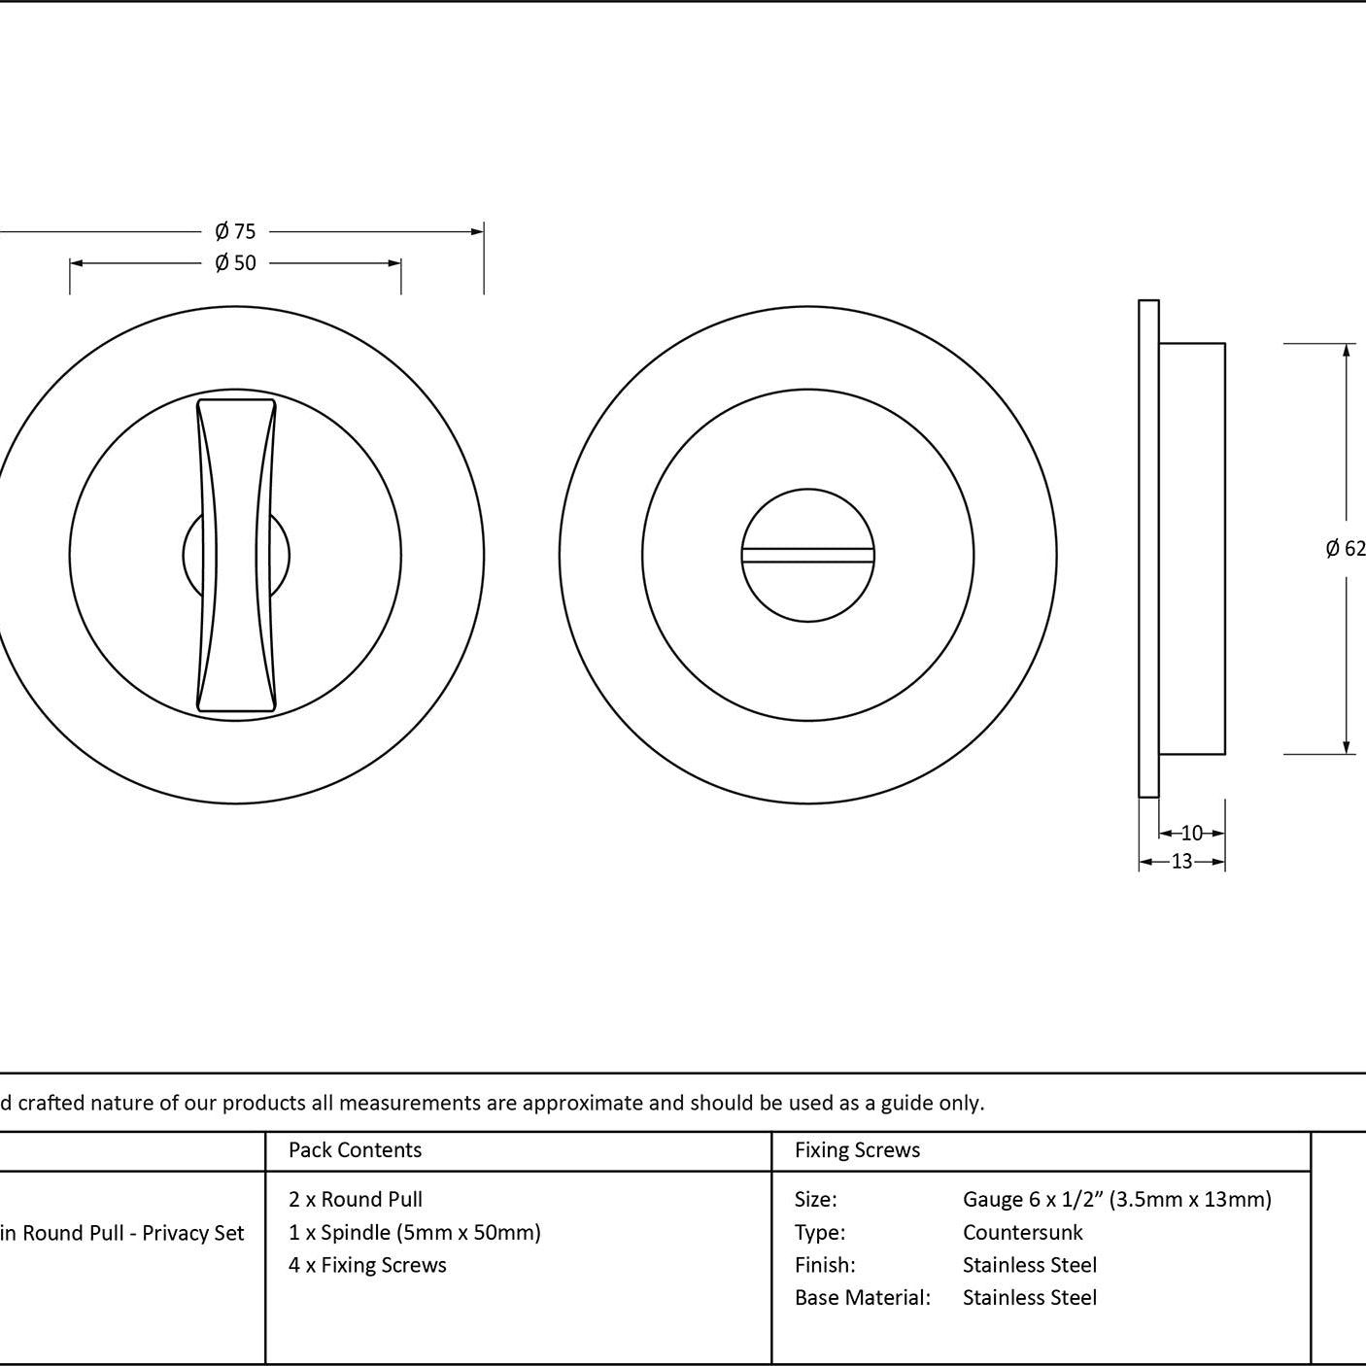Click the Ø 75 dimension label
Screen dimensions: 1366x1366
pos(235,231)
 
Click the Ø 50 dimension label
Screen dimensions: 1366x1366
pos(235,263)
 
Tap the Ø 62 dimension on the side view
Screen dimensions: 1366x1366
pos(1346,548)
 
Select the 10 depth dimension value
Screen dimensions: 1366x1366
pos(1192,833)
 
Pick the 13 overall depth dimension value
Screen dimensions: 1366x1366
pos(1181,862)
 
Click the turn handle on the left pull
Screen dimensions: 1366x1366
pos(236,555)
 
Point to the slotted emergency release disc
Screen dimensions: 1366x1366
pos(808,555)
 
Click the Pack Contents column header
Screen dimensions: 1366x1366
pos(356,1149)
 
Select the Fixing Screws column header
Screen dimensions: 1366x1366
pos(857,1149)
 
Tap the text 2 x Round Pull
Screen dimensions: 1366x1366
pos(356,1200)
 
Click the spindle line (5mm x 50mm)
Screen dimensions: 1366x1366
pos(415,1232)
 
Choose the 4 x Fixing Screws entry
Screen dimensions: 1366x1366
pos(367,1265)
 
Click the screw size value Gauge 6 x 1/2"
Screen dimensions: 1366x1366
pos(1117,1200)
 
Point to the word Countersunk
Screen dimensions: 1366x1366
pos(1022,1232)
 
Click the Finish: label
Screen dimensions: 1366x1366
pos(825,1265)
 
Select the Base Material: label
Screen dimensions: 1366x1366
pos(863,1297)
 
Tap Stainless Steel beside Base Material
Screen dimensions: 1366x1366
pos(1029,1297)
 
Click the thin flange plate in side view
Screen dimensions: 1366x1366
pos(1149,549)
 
